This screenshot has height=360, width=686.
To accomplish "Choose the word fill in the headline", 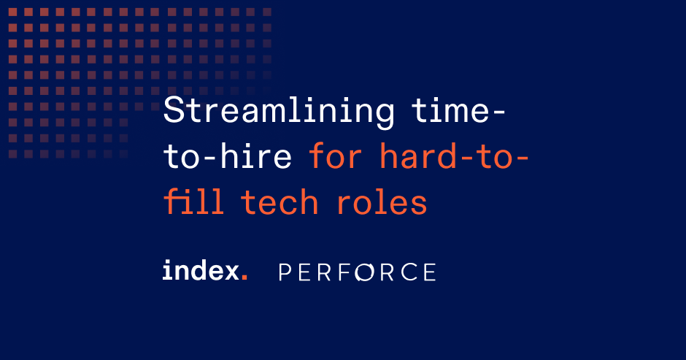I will (x=193, y=202).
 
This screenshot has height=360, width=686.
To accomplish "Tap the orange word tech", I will (x=280, y=202).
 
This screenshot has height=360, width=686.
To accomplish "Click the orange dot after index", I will (x=244, y=278).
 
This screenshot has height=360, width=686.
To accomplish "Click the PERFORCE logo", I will (x=358, y=272).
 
